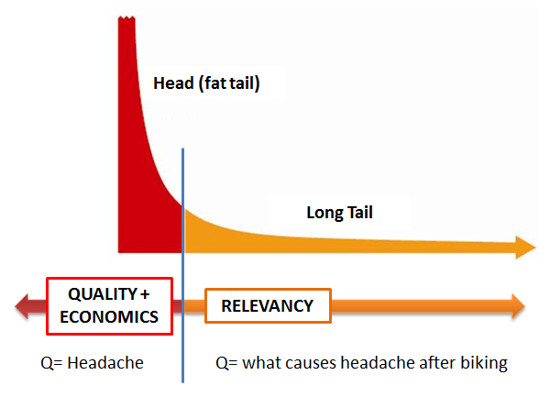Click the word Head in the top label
173,83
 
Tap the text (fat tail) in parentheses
229,83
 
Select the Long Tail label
339,213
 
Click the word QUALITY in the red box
103,294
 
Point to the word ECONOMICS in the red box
109,317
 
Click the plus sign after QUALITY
145,294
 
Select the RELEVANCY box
268,305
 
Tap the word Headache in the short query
105,363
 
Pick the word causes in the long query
311,363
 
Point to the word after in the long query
437,363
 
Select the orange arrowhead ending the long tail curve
525,248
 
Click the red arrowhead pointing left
22,306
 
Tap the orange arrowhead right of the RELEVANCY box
518,306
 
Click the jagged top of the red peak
126,17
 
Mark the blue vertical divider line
182,266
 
